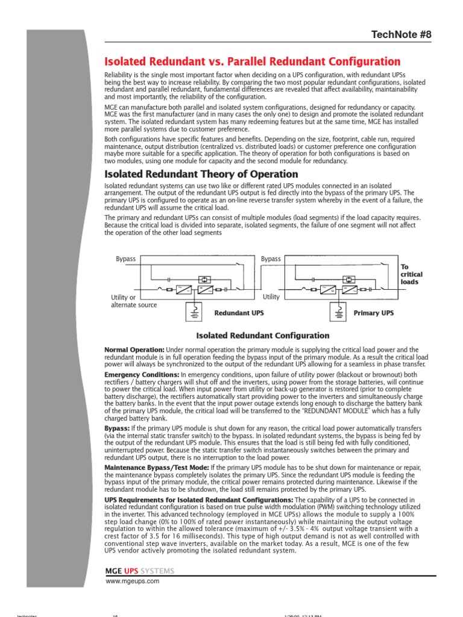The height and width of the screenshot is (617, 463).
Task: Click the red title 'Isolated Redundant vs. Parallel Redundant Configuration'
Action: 252,61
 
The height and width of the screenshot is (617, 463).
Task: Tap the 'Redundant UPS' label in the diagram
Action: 239,313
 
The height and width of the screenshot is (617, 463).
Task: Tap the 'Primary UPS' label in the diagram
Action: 373,313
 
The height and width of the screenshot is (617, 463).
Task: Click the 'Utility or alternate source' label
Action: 133,301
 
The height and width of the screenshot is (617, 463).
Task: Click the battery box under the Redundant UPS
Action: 196,312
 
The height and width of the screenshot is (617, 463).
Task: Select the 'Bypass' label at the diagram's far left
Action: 125,259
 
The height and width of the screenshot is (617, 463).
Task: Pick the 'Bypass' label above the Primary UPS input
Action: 271,259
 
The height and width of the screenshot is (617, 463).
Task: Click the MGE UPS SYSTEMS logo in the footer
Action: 140,571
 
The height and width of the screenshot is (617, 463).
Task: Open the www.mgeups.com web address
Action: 132,581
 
